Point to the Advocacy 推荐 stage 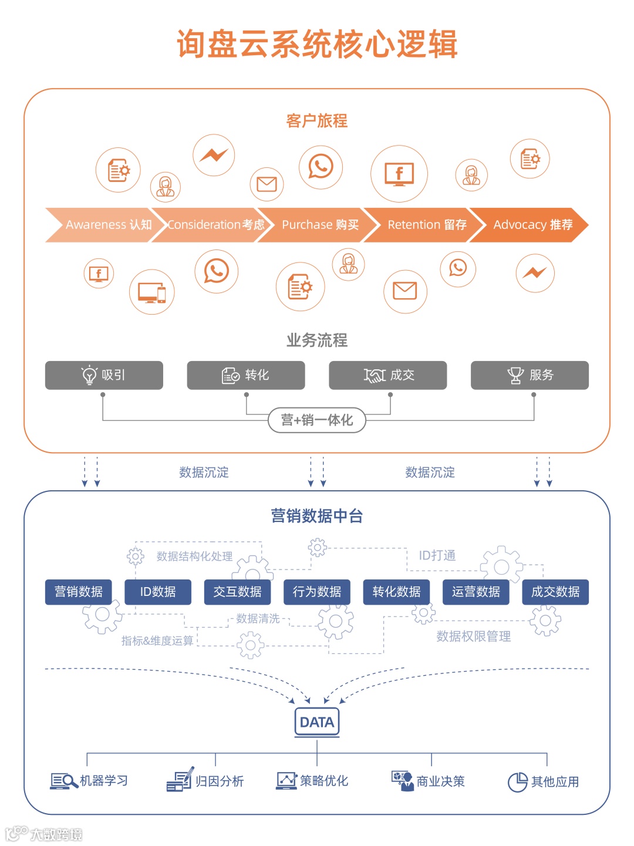coord(531,225)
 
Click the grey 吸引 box coord(104,375)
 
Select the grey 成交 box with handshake coord(387,375)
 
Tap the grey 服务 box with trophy coord(530,375)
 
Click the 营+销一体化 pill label coord(317,420)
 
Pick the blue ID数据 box coord(158,592)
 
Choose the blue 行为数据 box coord(317,592)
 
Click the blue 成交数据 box coord(555,592)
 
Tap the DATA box coord(317,722)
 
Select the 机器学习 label coord(104,781)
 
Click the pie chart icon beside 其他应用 coord(517,782)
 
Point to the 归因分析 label coord(220,781)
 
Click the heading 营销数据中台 coord(317,516)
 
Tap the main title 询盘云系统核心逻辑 coord(317,44)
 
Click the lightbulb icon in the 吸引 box coord(89,375)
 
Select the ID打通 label coord(437,555)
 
